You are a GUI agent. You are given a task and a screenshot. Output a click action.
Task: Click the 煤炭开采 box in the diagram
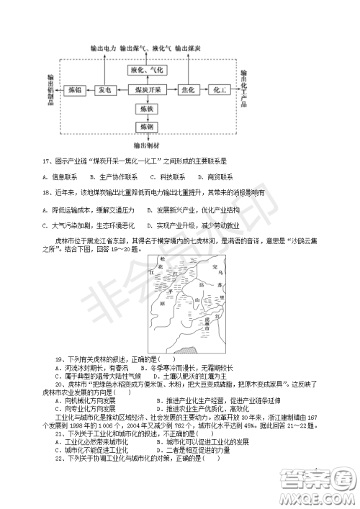[x=148, y=90]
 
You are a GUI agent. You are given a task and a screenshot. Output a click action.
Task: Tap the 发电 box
[x=105, y=90]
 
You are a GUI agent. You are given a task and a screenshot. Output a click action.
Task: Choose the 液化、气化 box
[x=148, y=71]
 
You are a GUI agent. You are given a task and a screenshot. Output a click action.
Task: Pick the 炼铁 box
[x=148, y=109]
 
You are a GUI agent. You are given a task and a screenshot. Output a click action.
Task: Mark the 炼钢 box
[x=148, y=127]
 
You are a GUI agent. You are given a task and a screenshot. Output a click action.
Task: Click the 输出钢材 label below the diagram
[x=148, y=145]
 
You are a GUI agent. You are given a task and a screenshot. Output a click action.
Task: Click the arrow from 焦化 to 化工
[x=204, y=90]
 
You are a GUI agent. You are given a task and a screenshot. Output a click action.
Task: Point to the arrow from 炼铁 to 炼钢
[x=148, y=118]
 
